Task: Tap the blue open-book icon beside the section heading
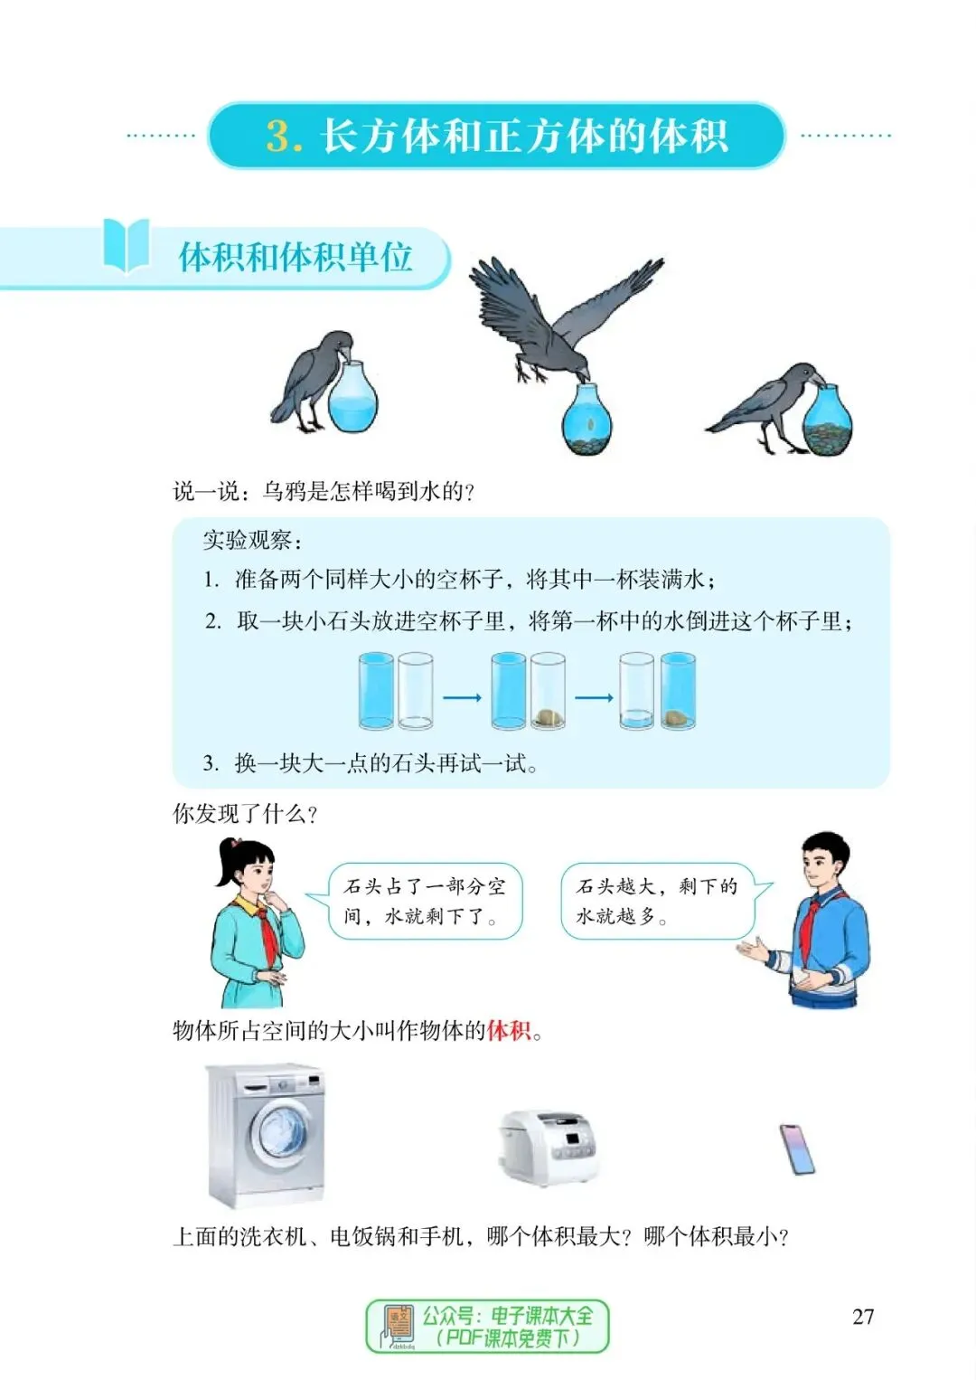pyautogui.click(x=127, y=244)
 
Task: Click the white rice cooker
pyautogui.click(x=548, y=1147)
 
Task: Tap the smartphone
pyautogui.click(x=797, y=1149)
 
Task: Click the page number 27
pyautogui.click(x=863, y=1317)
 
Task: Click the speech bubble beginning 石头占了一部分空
pyautogui.click(x=424, y=901)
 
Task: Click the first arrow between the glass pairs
pyautogui.click(x=462, y=697)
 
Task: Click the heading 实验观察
pyautogui.click(x=252, y=540)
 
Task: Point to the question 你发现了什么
pyautogui.click(x=245, y=814)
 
